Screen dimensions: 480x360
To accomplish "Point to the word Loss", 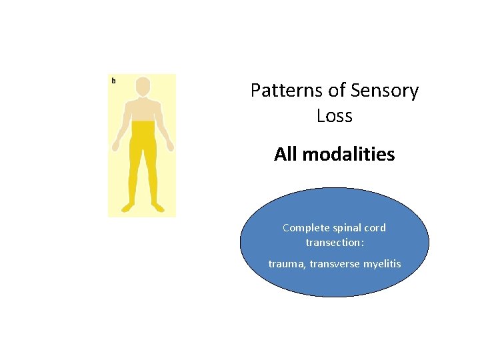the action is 334,116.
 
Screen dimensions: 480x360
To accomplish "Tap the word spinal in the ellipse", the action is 347,228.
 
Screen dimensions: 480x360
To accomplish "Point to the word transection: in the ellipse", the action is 335,243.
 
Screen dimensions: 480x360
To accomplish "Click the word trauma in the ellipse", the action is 285,264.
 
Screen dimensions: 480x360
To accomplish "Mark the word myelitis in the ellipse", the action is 382,264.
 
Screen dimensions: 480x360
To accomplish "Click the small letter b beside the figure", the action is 113,81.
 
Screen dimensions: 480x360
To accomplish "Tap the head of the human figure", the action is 143,87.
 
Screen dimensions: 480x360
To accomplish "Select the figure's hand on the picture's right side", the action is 170,145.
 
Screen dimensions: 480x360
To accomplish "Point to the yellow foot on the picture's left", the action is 127,207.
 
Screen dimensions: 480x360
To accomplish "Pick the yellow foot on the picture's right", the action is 158,207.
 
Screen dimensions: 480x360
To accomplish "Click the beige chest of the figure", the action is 143,110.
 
